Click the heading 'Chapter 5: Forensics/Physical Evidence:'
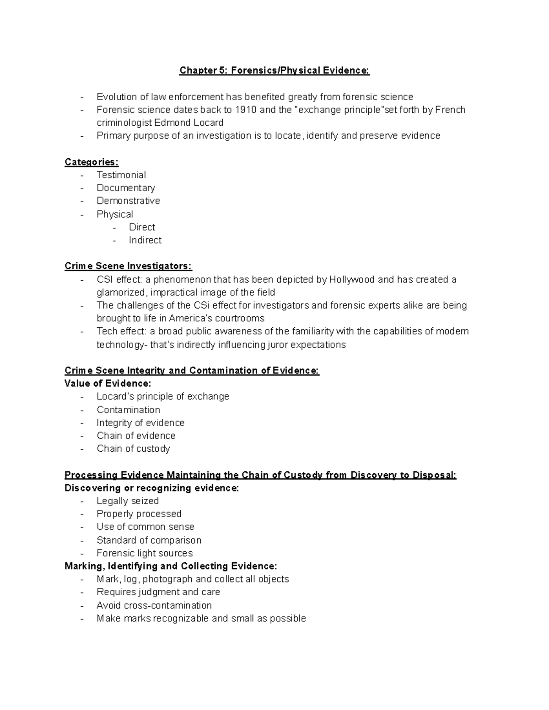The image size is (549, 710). [x=274, y=70]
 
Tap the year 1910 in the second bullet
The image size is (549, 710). [x=246, y=110]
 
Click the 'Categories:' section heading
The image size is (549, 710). [x=91, y=162]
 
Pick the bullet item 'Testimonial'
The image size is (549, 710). [x=121, y=175]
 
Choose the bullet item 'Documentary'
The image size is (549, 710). [x=126, y=188]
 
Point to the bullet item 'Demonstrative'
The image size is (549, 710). [x=128, y=201]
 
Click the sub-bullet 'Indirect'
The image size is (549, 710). [x=145, y=240]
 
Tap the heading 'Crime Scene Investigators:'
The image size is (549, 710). [x=128, y=266]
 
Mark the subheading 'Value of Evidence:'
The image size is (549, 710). [x=108, y=383]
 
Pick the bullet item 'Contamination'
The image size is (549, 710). [x=128, y=410]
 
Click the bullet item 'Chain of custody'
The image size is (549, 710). [x=133, y=448]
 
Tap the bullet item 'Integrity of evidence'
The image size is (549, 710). [x=140, y=423]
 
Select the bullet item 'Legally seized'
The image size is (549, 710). [x=128, y=501]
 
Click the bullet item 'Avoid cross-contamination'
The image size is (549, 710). [x=154, y=605]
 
